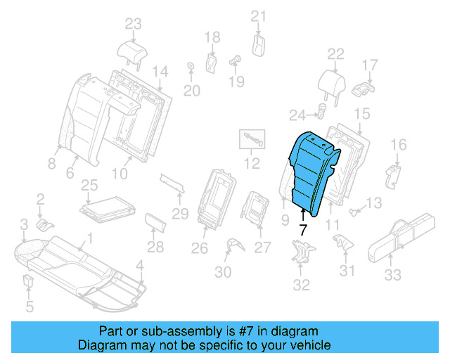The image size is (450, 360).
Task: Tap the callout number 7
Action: click(x=302, y=229)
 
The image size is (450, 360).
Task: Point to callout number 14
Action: click(x=160, y=71)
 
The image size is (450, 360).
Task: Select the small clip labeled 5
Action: click(x=28, y=283)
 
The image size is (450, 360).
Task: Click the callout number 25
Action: click(x=89, y=186)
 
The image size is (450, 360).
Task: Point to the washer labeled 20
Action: click(x=191, y=67)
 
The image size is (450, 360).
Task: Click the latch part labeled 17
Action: click(x=363, y=89)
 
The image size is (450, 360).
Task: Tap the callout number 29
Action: click(x=181, y=213)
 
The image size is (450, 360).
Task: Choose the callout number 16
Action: click(x=398, y=145)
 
